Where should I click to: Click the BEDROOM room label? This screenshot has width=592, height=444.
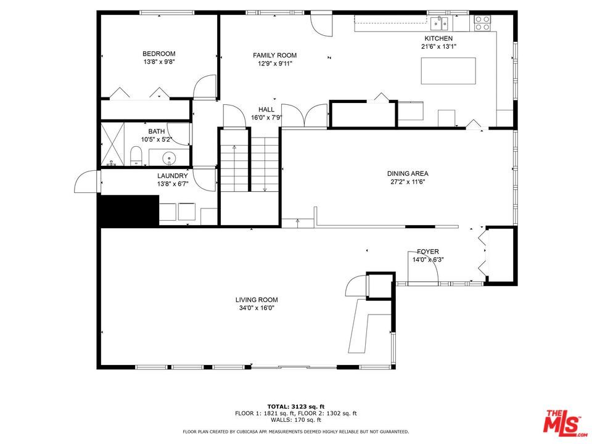pyautogui.click(x=159, y=54)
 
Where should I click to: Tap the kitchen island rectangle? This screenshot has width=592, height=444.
pyautogui.click(x=448, y=70)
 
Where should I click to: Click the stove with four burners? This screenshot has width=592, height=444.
pyautogui.click(x=482, y=23)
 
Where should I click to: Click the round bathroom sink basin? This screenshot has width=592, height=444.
pyautogui.click(x=169, y=159)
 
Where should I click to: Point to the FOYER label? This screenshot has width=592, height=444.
pyautogui.click(x=427, y=252)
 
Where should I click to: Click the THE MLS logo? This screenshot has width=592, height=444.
pyautogui.click(x=563, y=422)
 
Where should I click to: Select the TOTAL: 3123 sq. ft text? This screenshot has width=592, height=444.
pyautogui.click(x=295, y=406)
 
